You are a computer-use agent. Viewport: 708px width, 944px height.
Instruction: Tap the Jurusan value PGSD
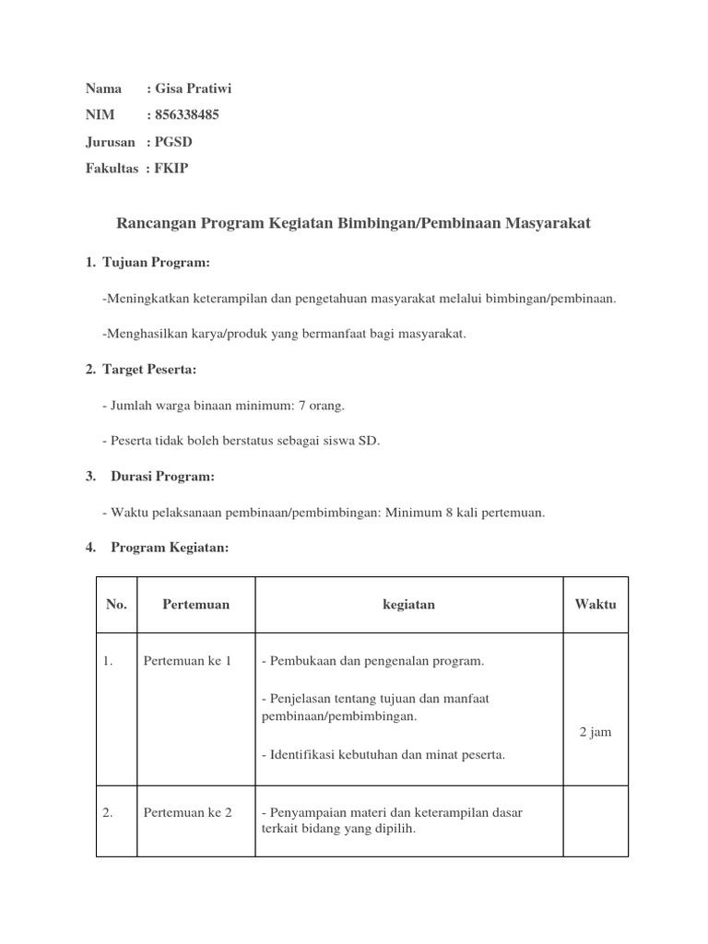tap(174, 141)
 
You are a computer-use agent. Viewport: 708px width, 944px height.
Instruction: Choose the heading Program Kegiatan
tap(170, 548)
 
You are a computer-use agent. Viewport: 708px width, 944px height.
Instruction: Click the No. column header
tap(116, 605)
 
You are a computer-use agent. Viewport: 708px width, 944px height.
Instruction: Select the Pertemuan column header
tap(195, 605)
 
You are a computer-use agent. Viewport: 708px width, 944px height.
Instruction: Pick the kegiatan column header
tap(408, 605)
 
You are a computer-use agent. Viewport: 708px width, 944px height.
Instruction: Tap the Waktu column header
tap(595, 605)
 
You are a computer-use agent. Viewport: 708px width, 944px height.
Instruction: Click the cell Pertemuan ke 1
tap(187, 661)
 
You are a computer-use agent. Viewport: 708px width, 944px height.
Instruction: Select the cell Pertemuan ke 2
tap(187, 812)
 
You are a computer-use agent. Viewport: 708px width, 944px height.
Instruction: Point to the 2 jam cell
tap(595, 732)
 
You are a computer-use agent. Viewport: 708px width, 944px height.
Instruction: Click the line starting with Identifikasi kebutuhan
tap(383, 755)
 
